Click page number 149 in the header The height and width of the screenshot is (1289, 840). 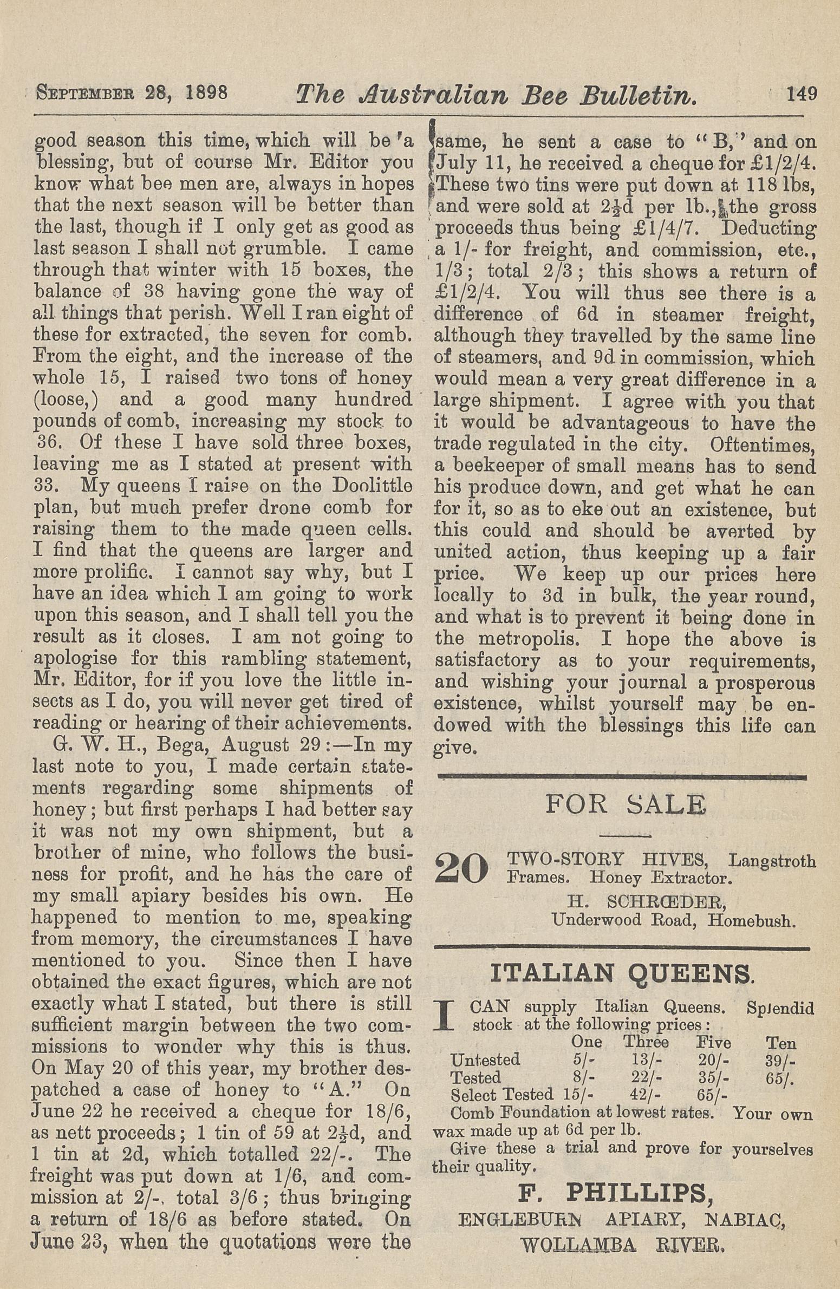(802, 94)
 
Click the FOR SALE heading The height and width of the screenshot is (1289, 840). (626, 804)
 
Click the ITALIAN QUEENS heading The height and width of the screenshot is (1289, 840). (621, 973)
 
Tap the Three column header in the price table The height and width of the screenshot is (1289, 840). (646, 1042)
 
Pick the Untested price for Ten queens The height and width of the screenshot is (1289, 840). (780, 1059)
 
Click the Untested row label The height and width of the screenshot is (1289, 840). (485, 1059)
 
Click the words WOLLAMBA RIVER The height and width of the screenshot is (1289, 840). (622, 1231)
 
